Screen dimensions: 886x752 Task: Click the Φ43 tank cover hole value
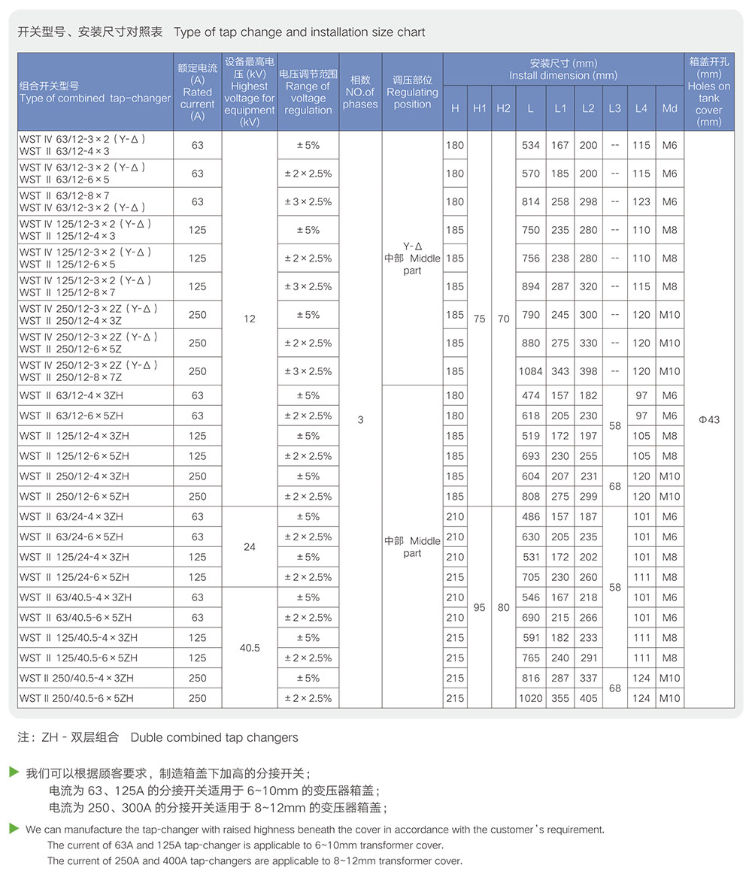tap(708, 420)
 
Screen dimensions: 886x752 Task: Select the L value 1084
tap(530, 371)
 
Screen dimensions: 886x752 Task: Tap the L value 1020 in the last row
tap(530, 698)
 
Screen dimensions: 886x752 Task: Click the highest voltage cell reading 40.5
tap(250, 647)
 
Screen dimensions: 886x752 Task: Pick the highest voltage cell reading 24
tap(250, 547)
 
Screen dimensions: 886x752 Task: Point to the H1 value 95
tap(479, 607)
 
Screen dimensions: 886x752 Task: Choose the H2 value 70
tap(503, 319)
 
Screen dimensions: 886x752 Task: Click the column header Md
tap(669, 108)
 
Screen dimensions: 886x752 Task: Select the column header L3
tap(614, 108)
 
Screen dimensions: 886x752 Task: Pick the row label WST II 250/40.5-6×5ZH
tap(77, 698)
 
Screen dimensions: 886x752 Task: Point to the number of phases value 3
tap(360, 420)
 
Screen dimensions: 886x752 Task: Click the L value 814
tap(530, 201)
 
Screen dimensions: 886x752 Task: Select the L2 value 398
tap(588, 371)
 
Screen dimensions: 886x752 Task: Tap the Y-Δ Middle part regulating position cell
tap(412, 258)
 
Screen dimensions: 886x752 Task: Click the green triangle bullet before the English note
tap(14, 828)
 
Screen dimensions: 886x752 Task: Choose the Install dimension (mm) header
tap(562, 69)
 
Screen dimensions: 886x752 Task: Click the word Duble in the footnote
tap(147, 737)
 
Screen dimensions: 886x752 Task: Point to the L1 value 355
tap(560, 698)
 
